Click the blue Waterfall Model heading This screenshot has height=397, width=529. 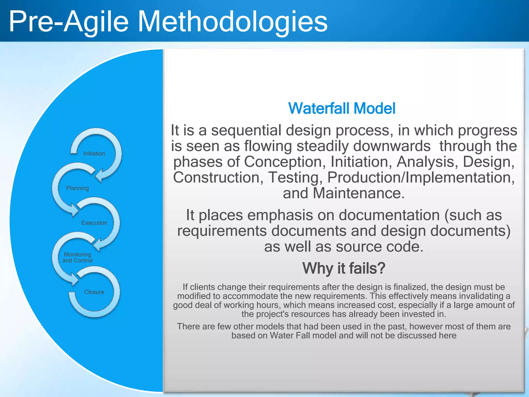tap(341, 108)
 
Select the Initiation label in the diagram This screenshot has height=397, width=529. tap(94, 154)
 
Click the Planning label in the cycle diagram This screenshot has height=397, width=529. tap(77, 188)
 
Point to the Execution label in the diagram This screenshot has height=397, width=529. tap(94, 223)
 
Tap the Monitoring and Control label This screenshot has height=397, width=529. tap(77, 257)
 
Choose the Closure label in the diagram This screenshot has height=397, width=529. tap(94, 292)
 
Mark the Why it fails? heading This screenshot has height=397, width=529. tap(344, 268)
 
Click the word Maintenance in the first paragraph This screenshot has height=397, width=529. tap(359, 193)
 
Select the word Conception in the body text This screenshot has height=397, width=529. tap(283, 162)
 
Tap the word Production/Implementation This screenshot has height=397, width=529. tap(421, 178)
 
